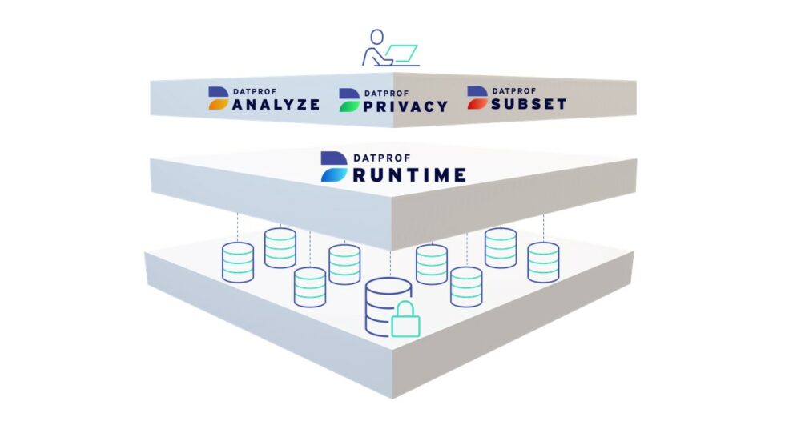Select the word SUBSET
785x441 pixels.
(x=529, y=104)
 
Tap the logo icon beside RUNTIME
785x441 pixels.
(x=332, y=166)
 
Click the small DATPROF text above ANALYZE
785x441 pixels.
(x=256, y=90)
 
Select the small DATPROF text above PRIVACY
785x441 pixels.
(x=385, y=92)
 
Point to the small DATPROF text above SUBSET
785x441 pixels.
(x=513, y=90)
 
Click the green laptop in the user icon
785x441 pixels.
(x=402, y=54)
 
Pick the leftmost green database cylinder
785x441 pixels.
(x=237, y=262)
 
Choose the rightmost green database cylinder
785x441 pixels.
(x=543, y=262)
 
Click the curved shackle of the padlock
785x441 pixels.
(x=405, y=308)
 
